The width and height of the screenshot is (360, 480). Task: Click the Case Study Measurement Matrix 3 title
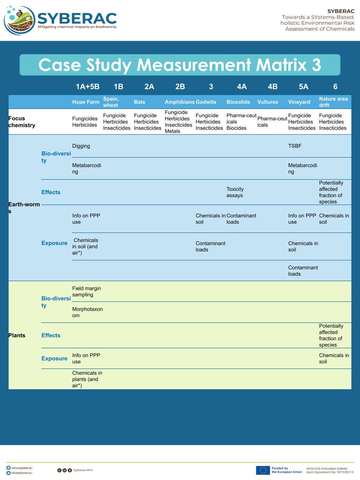180,65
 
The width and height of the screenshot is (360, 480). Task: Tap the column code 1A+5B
87,86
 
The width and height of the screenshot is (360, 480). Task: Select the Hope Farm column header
86,102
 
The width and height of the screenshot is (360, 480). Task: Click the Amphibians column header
179,102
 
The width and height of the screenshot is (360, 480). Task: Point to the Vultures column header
267,102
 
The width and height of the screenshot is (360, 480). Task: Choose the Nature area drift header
333,102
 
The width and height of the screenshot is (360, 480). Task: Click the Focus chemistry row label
22,122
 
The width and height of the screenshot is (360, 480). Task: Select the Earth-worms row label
24,207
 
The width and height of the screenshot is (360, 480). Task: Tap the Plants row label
17,335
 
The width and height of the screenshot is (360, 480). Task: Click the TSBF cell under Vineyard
295,146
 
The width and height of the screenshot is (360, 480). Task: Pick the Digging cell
81,146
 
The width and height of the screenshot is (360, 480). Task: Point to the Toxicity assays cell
235,192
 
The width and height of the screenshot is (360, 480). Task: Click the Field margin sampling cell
86,291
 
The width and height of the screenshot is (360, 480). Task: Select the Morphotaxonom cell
87,312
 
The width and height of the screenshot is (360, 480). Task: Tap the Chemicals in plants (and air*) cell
87,379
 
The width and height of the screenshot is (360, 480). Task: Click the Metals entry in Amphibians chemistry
172,131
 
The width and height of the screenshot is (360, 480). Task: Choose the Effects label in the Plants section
51,335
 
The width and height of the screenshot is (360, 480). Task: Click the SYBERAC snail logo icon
20,20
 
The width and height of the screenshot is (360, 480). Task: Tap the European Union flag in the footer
262,470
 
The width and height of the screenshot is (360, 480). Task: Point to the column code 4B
272,86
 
